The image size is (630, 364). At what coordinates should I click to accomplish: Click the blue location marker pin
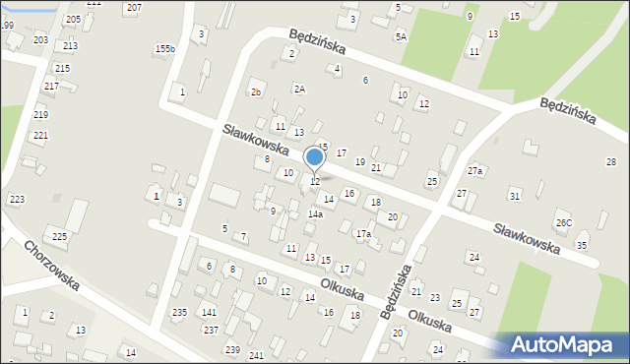315,158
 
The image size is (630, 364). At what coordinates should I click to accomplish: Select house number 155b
164,49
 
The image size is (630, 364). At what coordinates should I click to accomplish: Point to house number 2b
256,92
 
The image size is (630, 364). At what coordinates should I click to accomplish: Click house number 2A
299,89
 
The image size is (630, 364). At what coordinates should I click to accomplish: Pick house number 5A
401,36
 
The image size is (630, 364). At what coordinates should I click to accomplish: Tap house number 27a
476,171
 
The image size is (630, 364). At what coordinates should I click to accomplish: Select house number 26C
563,223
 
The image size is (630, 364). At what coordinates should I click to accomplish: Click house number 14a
315,213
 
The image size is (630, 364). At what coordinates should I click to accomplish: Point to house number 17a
364,234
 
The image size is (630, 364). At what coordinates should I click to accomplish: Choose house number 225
59,236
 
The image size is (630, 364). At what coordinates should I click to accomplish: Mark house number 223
17,200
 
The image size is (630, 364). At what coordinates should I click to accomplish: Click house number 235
179,312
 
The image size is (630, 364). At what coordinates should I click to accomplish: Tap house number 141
209,312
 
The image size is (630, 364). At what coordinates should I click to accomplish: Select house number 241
257,354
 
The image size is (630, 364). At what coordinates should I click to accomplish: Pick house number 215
62,68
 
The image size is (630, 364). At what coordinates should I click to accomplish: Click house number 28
610,161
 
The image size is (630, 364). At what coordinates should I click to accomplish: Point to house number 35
582,245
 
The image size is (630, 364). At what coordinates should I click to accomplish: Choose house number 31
514,197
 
